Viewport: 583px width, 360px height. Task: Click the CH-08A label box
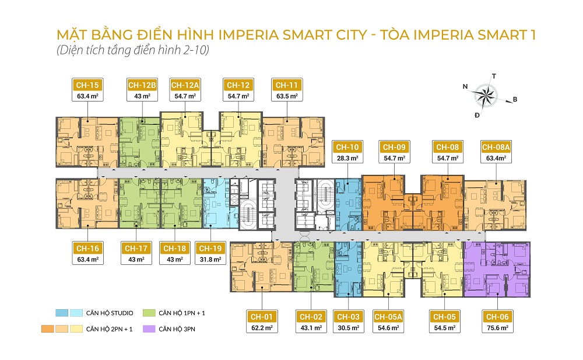(496, 148)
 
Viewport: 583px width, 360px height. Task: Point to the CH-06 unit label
(497, 317)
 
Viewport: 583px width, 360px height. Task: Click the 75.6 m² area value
(497, 328)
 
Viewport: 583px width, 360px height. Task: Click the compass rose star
(484, 95)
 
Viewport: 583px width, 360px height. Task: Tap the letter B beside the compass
(515, 100)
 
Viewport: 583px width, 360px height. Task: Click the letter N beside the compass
(465, 86)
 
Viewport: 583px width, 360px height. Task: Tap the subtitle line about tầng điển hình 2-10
(132, 51)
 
